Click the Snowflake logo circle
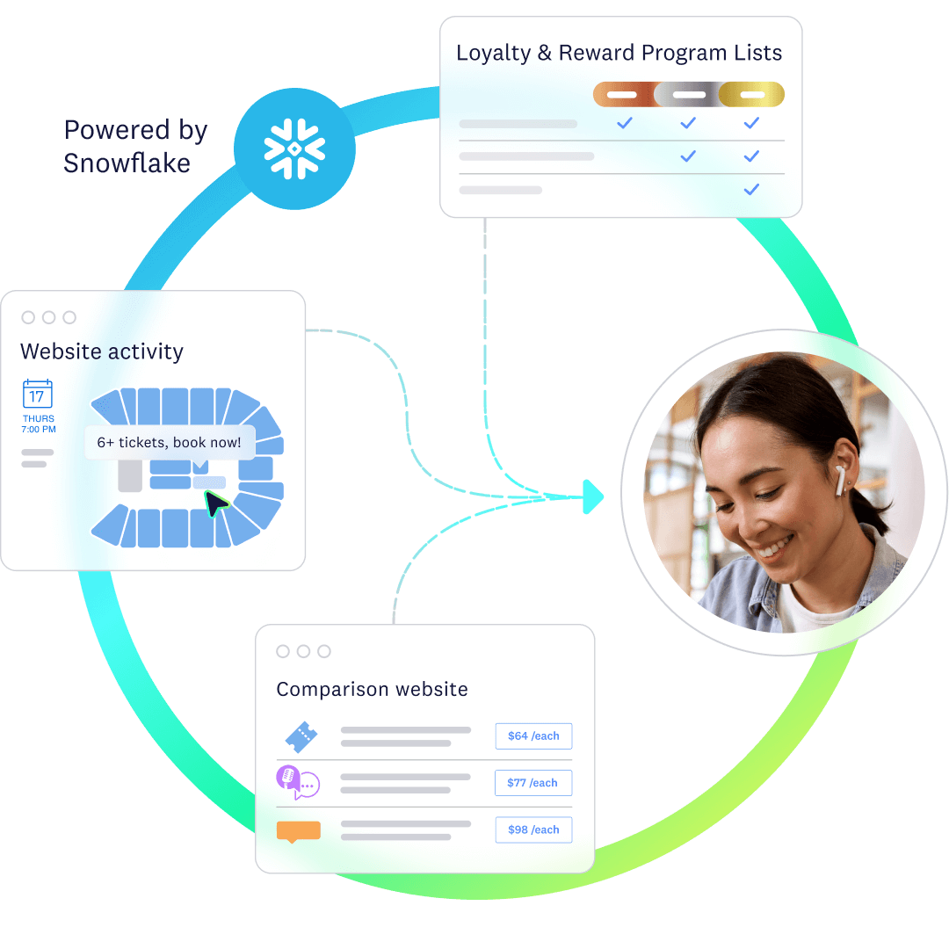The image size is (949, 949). tap(294, 149)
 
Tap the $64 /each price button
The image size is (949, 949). tap(533, 736)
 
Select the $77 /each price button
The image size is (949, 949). tap(533, 783)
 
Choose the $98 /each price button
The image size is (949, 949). tap(533, 829)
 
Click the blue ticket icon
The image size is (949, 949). tap(301, 736)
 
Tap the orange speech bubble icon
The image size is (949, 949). tap(298, 830)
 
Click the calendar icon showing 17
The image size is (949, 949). tap(38, 395)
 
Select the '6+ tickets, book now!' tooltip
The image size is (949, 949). tap(169, 443)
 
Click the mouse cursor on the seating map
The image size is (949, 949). tap(214, 503)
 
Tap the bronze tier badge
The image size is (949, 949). tap(623, 94)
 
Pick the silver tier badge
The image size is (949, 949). tap(688, 94)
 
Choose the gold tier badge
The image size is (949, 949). tap(751, 94)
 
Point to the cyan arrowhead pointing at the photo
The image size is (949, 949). tap(594, 496)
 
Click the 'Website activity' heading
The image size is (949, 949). tap(102, 351)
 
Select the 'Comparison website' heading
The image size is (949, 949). tap(372, 689)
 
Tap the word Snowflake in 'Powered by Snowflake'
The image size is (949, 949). tap(127, 163)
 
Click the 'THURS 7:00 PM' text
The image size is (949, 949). tap(39, 424)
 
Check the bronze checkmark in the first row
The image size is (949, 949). tap(624, 123)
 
